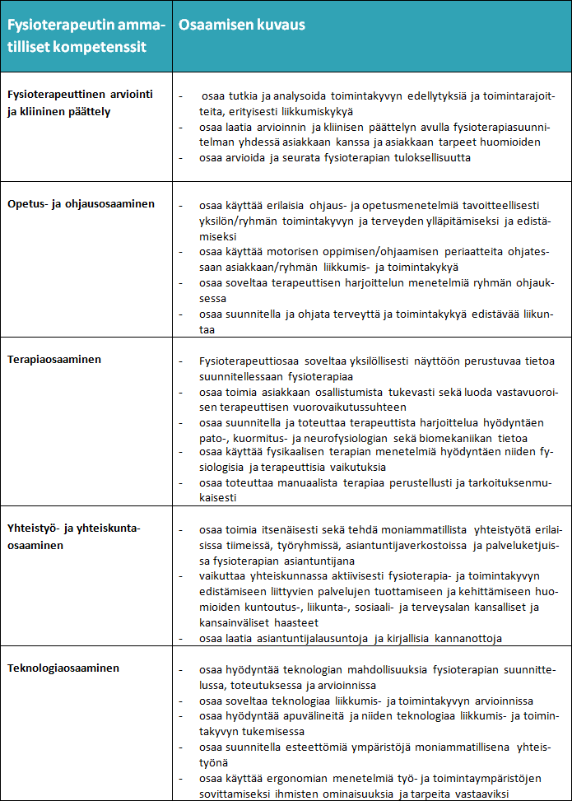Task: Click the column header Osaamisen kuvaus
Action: pyautogui.click(x=242, y=25)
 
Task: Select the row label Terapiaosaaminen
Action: pyautogui.click(x=56, y=360)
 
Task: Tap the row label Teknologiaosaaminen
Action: pyautogui.click(x=63, y=668)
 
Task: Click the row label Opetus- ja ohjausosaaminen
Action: pyautogui.click(x=81, y=203)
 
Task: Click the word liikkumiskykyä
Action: pyautogui.click(x=314, y=110)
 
